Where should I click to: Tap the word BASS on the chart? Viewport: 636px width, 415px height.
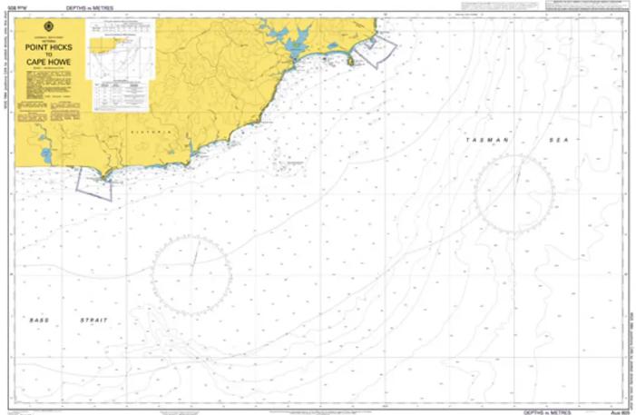pyautogui.click(x=38, y=320)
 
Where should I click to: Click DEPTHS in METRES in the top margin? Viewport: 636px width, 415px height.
pyautogui.click(x=89, y=6)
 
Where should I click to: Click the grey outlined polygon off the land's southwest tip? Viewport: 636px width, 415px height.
pyautogui.click(x=94, y=183)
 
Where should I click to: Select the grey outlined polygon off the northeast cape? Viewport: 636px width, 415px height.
pyautogui.click(x=375, y=49)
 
